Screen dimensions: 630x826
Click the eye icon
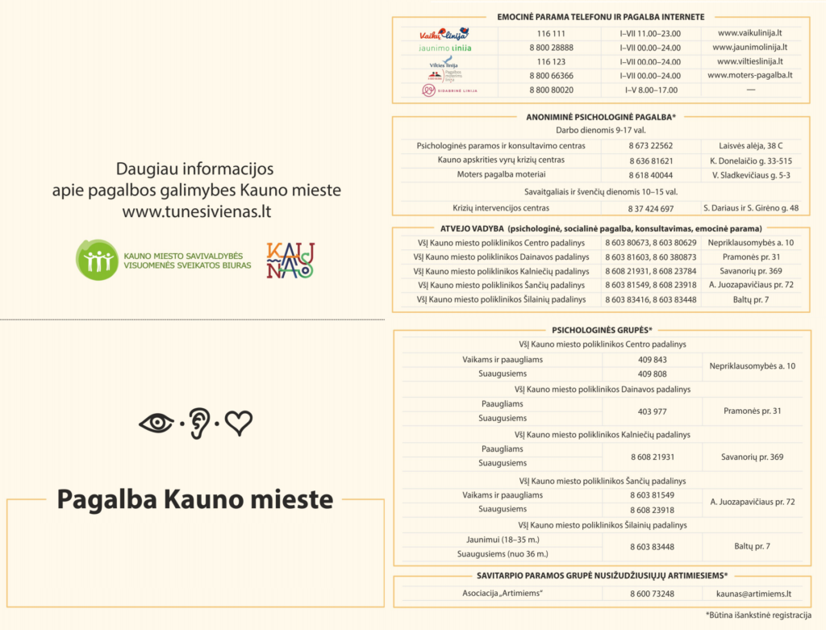156,423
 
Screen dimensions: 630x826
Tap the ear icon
199,423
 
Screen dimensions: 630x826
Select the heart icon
238,423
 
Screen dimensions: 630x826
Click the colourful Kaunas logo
290,260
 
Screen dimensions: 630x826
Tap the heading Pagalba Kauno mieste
194,499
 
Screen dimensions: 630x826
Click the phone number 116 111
550,33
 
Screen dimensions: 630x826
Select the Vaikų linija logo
444,34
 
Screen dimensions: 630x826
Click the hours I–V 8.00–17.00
650,90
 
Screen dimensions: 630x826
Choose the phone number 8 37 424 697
650,208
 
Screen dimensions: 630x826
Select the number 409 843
652,360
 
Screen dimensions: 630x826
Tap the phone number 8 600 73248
652,595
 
